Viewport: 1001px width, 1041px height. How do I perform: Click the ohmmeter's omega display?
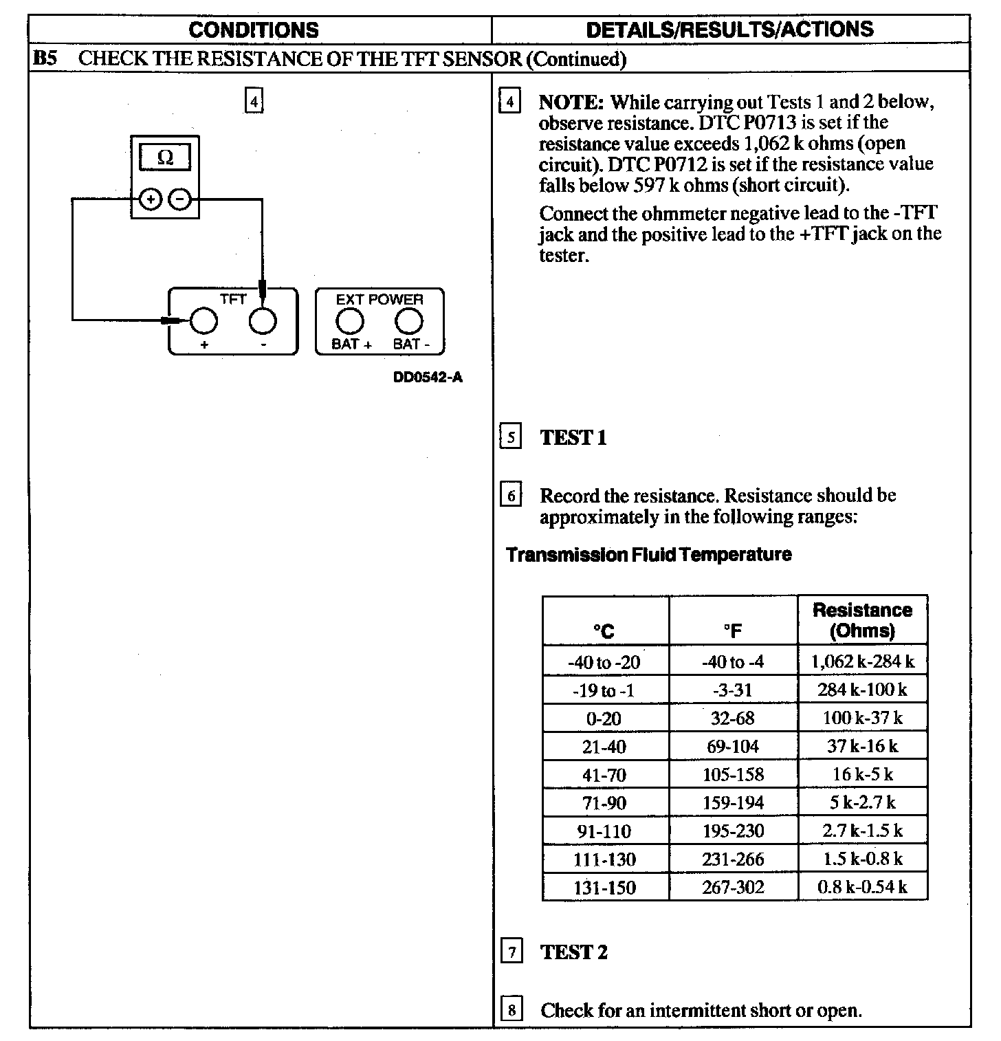click(x=165, y=157)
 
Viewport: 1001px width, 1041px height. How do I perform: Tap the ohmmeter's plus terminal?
click(x=150, y=199)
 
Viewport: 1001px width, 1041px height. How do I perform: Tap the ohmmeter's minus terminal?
click(x=179, y=199)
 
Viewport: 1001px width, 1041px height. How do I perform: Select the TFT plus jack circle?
click(x=203, y=320)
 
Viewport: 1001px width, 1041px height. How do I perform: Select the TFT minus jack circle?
click(x=263, y=320)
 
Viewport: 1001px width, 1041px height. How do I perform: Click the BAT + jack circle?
click(x=350, y=320)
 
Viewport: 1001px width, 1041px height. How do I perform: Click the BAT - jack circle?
click(x=409, y=320)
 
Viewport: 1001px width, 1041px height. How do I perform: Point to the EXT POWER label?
click(x=379, y=300)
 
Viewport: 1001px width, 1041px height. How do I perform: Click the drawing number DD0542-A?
click(x=428, y=377)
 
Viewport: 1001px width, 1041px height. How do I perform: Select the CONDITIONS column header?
click(x=254, y=30)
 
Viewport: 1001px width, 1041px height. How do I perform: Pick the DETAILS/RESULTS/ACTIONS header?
click(x=729, y=29)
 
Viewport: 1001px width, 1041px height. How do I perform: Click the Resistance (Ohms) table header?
click(x=862, y=620)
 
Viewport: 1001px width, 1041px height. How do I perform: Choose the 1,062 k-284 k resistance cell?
click(x=862, y=661)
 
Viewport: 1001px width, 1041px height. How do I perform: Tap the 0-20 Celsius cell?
click(x=604, y=719)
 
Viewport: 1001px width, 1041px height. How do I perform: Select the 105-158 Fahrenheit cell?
click(x=733, y=775)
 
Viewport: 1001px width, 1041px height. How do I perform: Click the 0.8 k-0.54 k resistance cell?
click(x=862, y=887)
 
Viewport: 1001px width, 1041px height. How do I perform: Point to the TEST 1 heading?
click(x=573, y=437)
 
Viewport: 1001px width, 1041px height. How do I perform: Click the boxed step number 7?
click(x=511, y=952)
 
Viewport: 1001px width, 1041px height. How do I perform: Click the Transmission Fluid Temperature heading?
click(x=648, y=554)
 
